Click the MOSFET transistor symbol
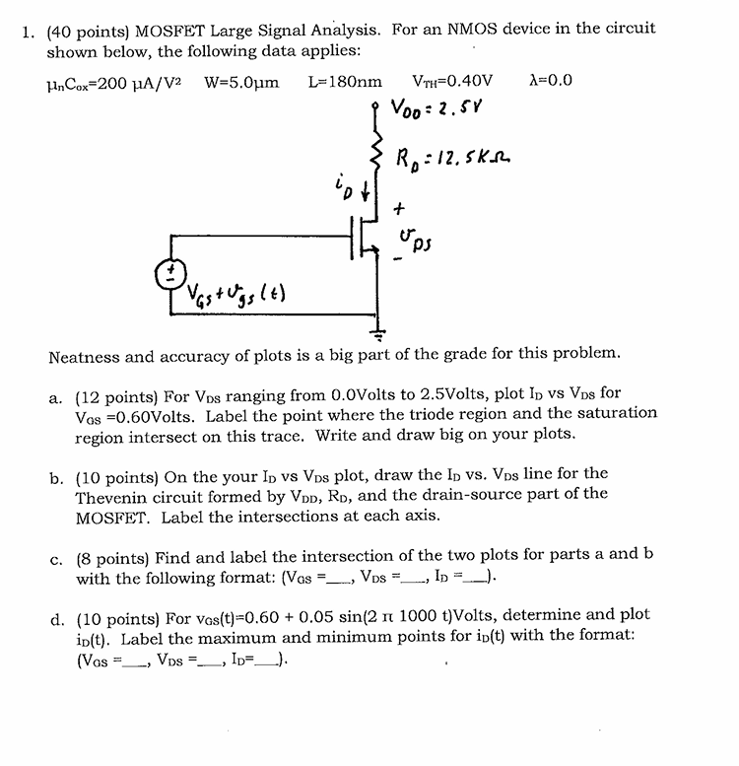pyautogui.click(x=366, y=242)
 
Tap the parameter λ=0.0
pyautogui.click(x=551, y=81)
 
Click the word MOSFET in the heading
pyautogui.click(x=167, y=30)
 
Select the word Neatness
pyautogui.click(x=87, y=354)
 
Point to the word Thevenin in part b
pyautogui.click(x=111, y=495)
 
